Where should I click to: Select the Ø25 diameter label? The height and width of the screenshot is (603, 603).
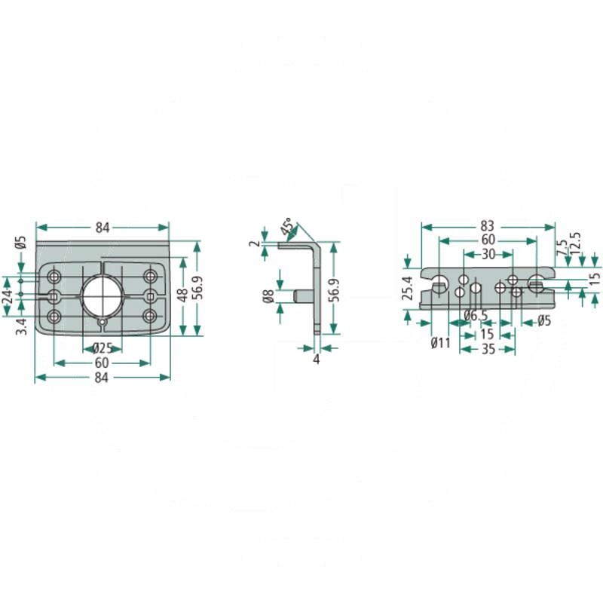point(103,348)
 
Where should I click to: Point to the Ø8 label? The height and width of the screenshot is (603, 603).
point(268,296)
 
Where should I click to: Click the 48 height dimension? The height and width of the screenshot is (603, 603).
point(183,295)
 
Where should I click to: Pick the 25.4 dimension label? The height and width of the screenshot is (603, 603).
point(408,288)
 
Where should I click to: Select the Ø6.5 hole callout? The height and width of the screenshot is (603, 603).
point(476,316)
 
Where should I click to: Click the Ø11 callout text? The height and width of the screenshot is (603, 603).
point(441,342)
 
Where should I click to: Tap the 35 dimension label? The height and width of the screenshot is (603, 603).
point(488,349)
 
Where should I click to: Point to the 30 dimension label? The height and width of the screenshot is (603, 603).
point(488,254)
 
